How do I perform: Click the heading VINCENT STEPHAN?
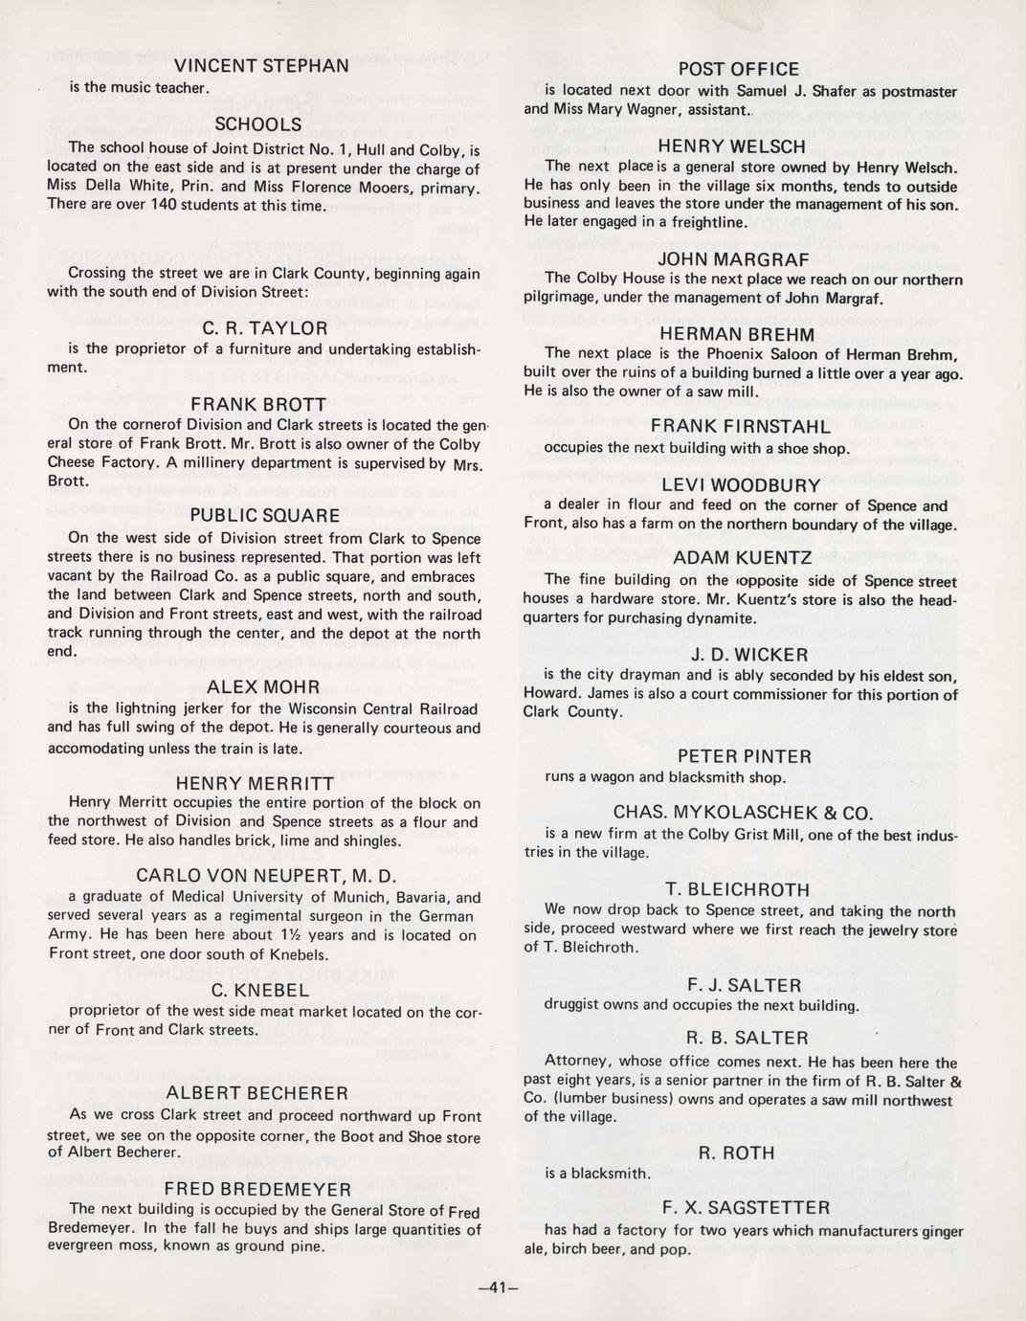coord(260,66)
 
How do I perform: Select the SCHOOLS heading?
coord(258,124)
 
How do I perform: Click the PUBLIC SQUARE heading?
coord(265,515)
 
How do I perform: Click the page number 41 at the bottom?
coord(497,1287)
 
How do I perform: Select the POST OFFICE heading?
coord(738,69)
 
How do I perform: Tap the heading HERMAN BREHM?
coord(737,335)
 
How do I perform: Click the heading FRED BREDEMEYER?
coord(258,1189)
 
